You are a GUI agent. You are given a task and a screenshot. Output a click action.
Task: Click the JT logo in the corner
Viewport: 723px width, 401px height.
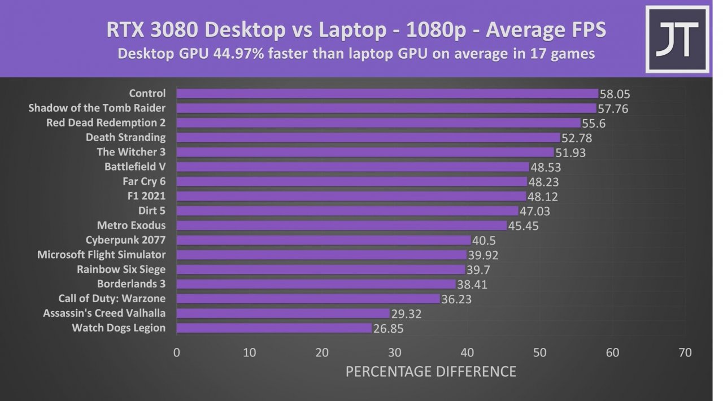tap(677, 39)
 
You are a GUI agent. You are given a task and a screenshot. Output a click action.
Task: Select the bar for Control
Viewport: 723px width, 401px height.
tap(387, 93)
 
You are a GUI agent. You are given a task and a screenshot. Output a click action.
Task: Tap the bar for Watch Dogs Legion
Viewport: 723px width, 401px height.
tap(274, 328)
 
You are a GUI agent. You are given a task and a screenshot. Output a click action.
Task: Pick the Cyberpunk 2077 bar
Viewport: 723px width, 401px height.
tap(323, 240)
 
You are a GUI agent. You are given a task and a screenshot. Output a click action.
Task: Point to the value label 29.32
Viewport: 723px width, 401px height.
tap(406, 314)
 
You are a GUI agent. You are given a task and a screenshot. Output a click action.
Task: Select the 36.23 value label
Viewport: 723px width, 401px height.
tap(456, 299)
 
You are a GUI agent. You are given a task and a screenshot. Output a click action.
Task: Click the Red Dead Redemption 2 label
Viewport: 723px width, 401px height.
tap(106, 123)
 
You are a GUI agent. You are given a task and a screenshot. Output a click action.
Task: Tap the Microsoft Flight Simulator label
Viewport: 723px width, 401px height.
tap(101, 255)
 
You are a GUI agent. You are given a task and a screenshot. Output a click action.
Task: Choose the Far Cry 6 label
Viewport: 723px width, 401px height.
tap(143, 181)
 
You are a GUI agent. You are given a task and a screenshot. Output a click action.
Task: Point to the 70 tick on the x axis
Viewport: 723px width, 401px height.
tap(685, 353)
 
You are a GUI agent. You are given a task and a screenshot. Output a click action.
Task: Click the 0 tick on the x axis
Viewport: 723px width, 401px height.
tap(177, 353)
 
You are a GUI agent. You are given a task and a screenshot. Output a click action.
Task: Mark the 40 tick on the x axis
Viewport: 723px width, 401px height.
tap(467, 353)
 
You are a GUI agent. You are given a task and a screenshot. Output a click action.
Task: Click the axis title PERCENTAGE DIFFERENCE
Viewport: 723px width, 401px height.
tap(430, 372)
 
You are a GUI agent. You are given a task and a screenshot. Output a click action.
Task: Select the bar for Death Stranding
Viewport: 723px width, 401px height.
tap(368, 137)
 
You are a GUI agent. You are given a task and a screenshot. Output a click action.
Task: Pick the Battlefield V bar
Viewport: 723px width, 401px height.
tap(352, 167)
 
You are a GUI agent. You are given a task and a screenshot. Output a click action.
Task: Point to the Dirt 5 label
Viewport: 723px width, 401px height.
tap(151, 211)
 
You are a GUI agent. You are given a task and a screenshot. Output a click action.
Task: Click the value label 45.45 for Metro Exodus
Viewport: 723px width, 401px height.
tap(523, 226)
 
